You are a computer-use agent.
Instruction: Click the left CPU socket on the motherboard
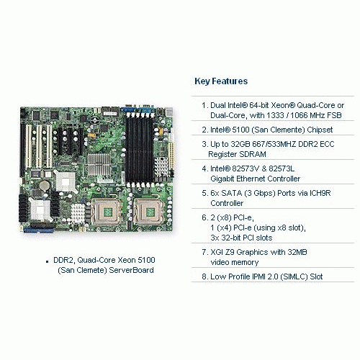107,212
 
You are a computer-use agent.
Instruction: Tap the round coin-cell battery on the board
44,185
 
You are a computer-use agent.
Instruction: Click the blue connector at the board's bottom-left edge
39,230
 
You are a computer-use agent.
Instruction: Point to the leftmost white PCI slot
29,146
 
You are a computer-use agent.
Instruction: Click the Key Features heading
221,81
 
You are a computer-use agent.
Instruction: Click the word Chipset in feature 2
320,130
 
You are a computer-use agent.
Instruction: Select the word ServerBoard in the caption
131,270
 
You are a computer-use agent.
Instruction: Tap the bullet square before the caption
48,261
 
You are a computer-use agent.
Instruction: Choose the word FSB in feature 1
334,115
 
